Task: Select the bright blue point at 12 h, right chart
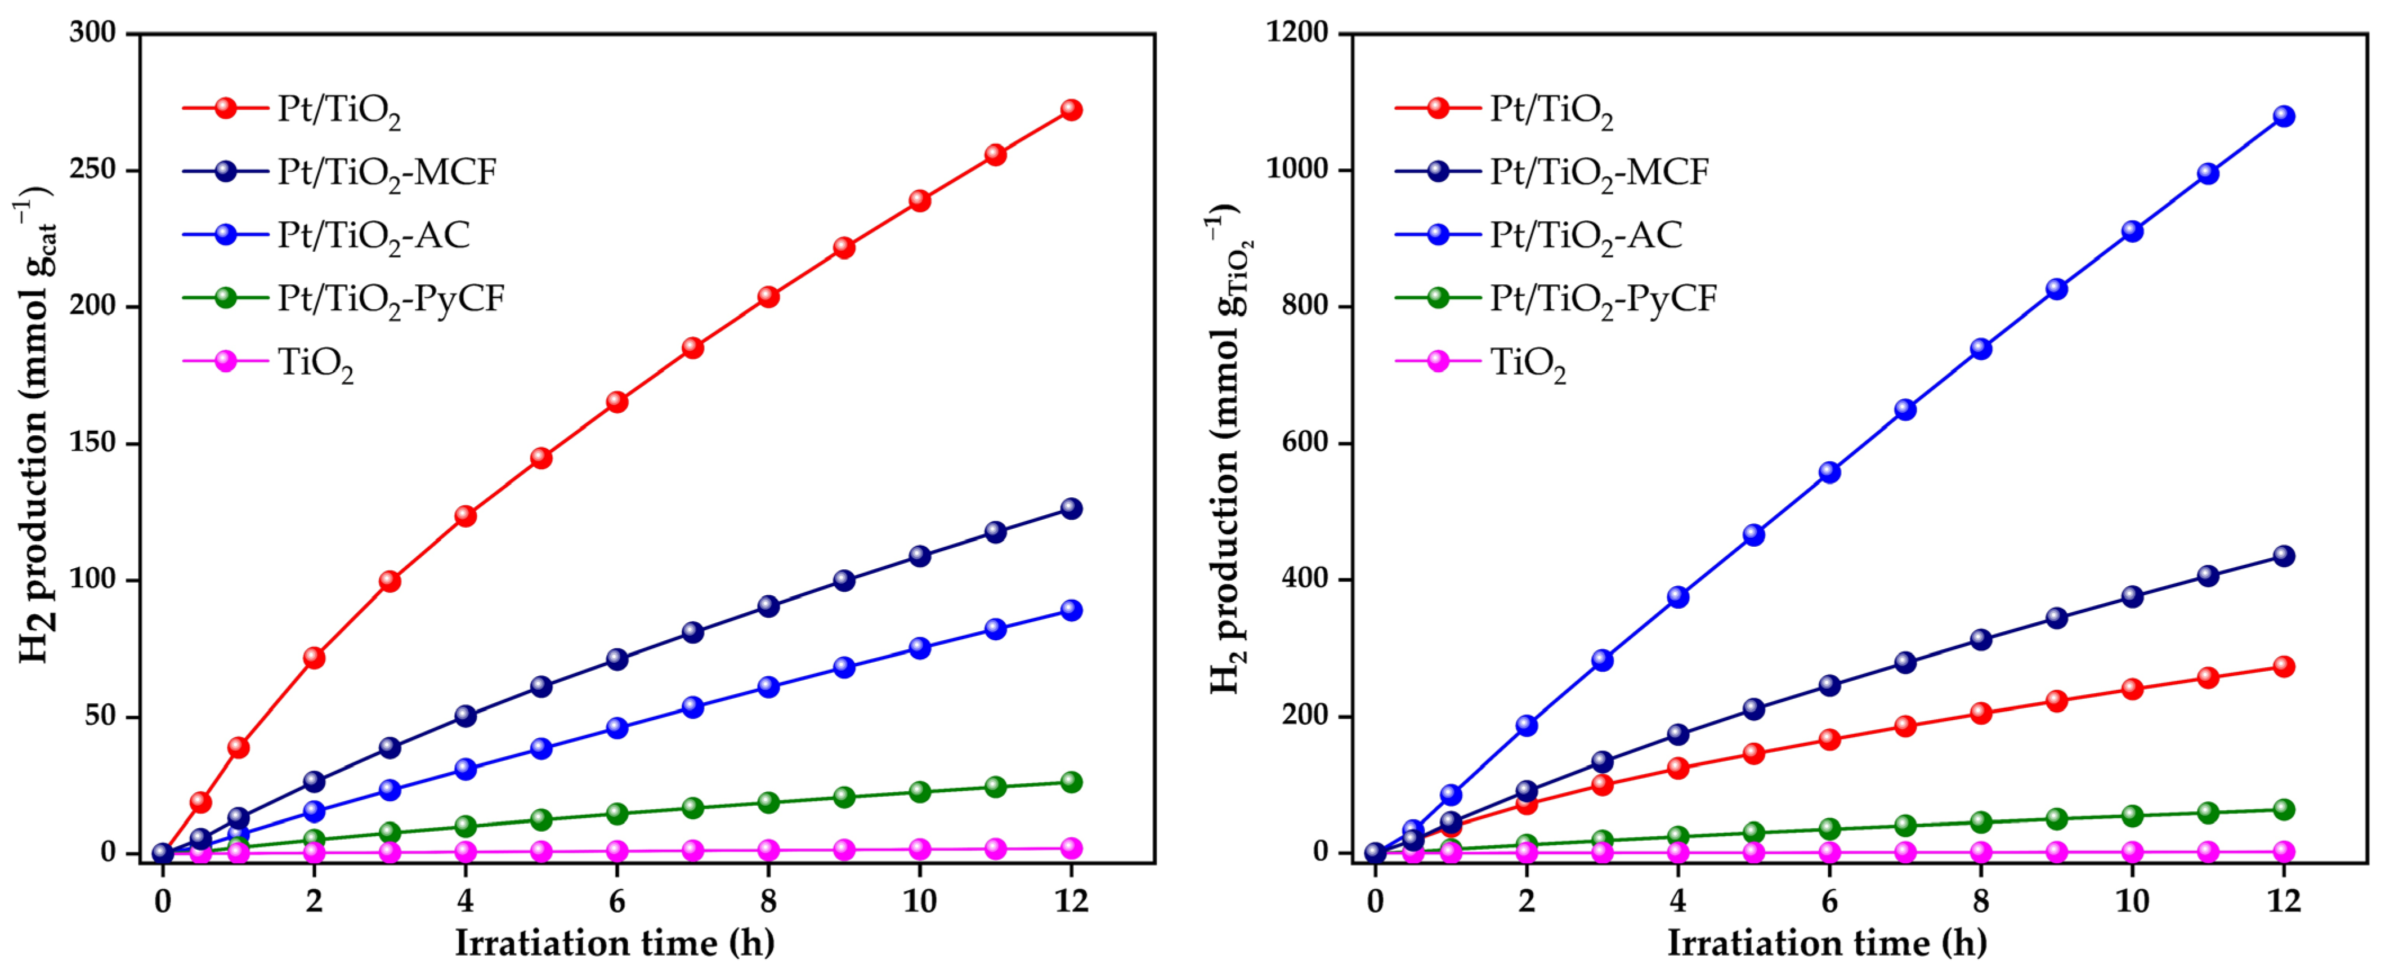tap(2283, 116)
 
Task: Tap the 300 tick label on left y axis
tap(93, 33)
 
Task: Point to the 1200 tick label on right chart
tap(1297, 33)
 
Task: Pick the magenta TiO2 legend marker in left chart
tap(226, 361)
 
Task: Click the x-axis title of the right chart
tap(1827, 944)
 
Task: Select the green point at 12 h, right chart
tap(2283, 810)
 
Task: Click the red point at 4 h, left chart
tap(465, 516)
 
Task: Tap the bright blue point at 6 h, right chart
tap(1829, 472)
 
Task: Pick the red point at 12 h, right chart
tap(2283, 666)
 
